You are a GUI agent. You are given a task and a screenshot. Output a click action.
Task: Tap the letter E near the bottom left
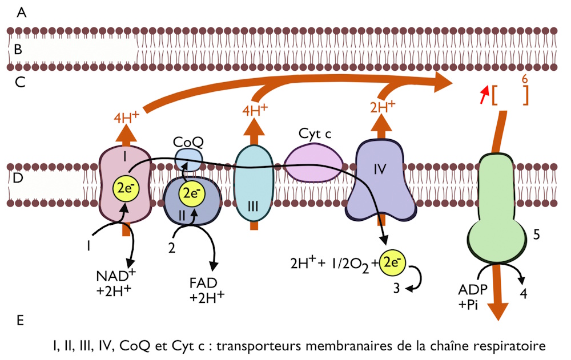coord(21,321)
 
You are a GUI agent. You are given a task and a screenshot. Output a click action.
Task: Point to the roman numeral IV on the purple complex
coord(380,169)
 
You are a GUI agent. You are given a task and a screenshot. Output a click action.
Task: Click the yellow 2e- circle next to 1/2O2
coord(391,262)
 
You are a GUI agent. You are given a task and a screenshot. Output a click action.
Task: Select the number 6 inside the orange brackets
coord(524,81)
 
